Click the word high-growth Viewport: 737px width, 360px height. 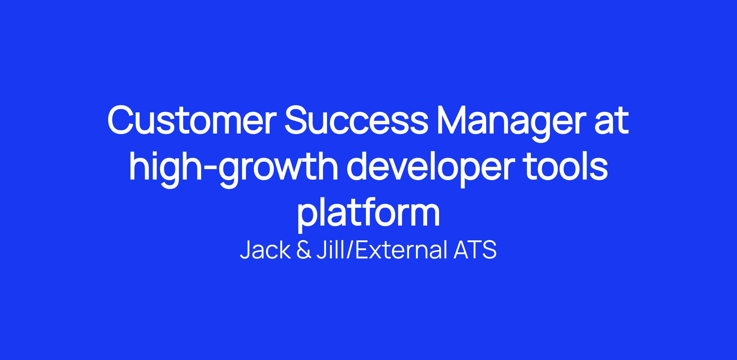tap(234, 169)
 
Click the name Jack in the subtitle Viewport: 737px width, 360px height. tap(265, 250)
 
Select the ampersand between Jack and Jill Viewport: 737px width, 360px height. tap(304, 250)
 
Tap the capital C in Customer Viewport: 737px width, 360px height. tap(121, 121)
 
